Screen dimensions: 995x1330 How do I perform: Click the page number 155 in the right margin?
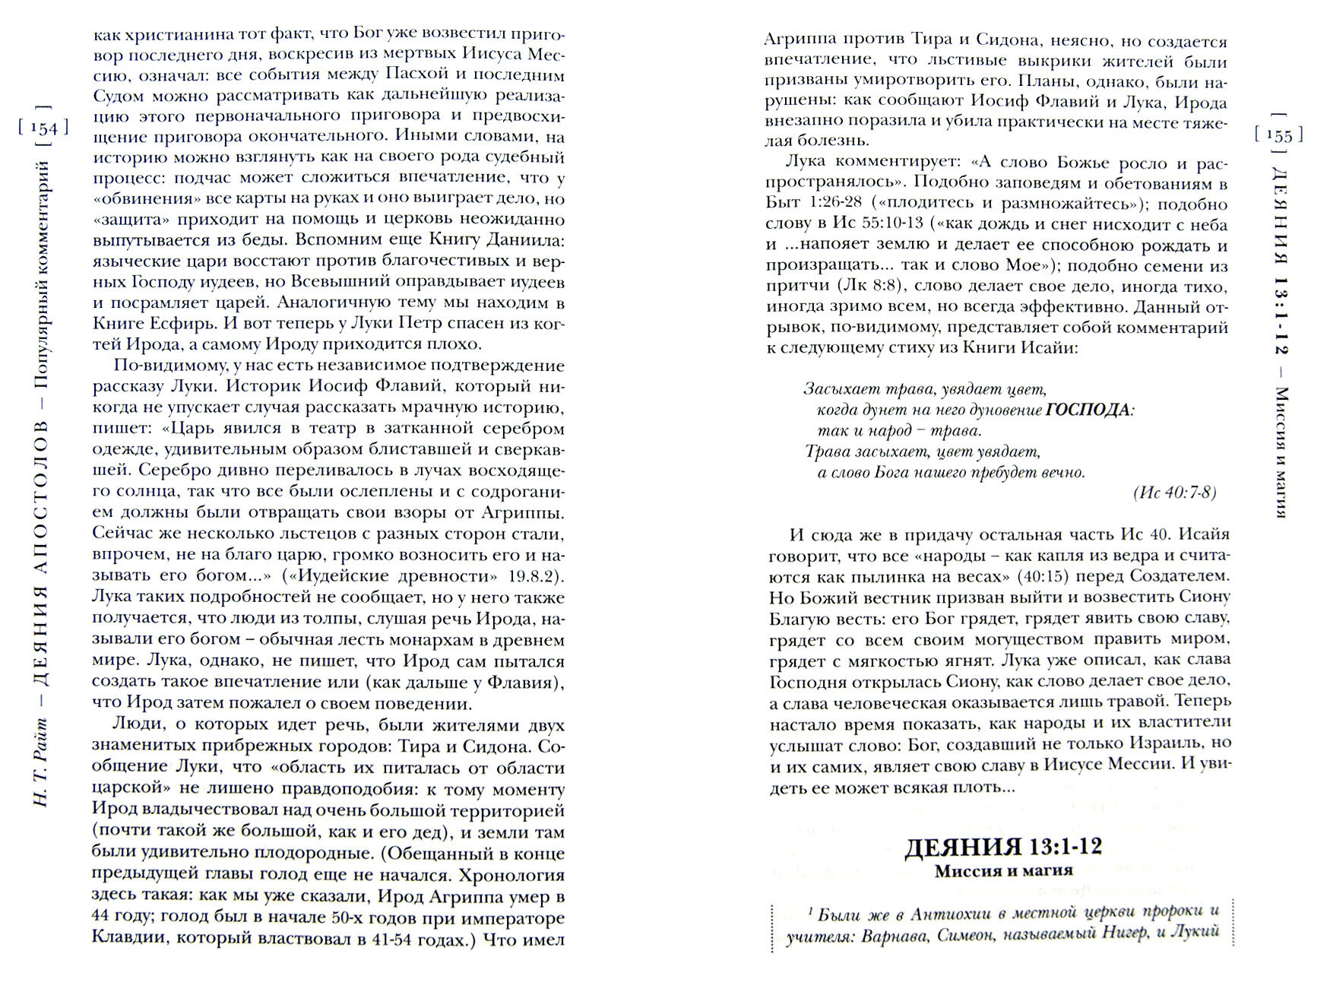point(1279,135)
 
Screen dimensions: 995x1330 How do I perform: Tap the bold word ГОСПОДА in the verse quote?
point(1088,410)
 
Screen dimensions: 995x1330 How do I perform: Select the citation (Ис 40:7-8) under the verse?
point(1174,493)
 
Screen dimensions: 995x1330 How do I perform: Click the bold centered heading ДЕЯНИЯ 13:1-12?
point(1003,847)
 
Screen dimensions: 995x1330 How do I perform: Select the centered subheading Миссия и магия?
point(1003,871)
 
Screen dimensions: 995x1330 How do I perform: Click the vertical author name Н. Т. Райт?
point(43,768)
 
